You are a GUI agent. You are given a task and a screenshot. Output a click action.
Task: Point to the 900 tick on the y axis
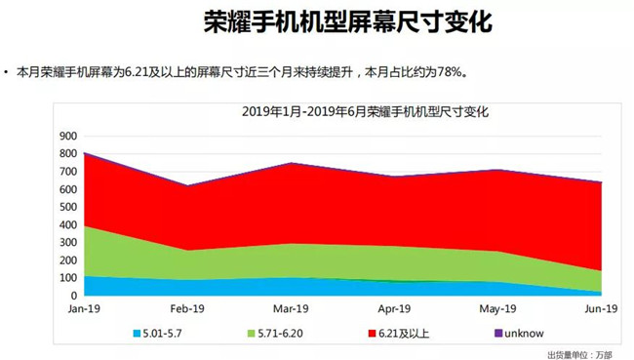[x=68, y=135]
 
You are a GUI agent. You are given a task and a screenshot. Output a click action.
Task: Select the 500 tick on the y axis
[x=68, y=207]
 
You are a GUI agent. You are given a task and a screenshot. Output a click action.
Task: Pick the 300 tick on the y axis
[x=68, y=242]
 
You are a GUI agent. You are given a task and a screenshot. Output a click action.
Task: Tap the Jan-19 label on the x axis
[x=85, y=308]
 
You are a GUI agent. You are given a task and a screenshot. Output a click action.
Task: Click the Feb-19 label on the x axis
[x=187, y=308]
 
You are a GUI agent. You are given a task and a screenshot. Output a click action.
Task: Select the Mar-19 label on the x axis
[x=291, y=308]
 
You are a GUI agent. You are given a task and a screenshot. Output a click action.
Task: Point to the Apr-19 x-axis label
[x=395, y=308]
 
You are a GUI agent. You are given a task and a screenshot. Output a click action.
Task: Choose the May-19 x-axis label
[x=498, y=308]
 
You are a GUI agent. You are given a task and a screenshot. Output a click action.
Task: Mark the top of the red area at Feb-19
[x=187, y=185]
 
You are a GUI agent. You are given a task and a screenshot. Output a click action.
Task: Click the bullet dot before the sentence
[x=8, y=73]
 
